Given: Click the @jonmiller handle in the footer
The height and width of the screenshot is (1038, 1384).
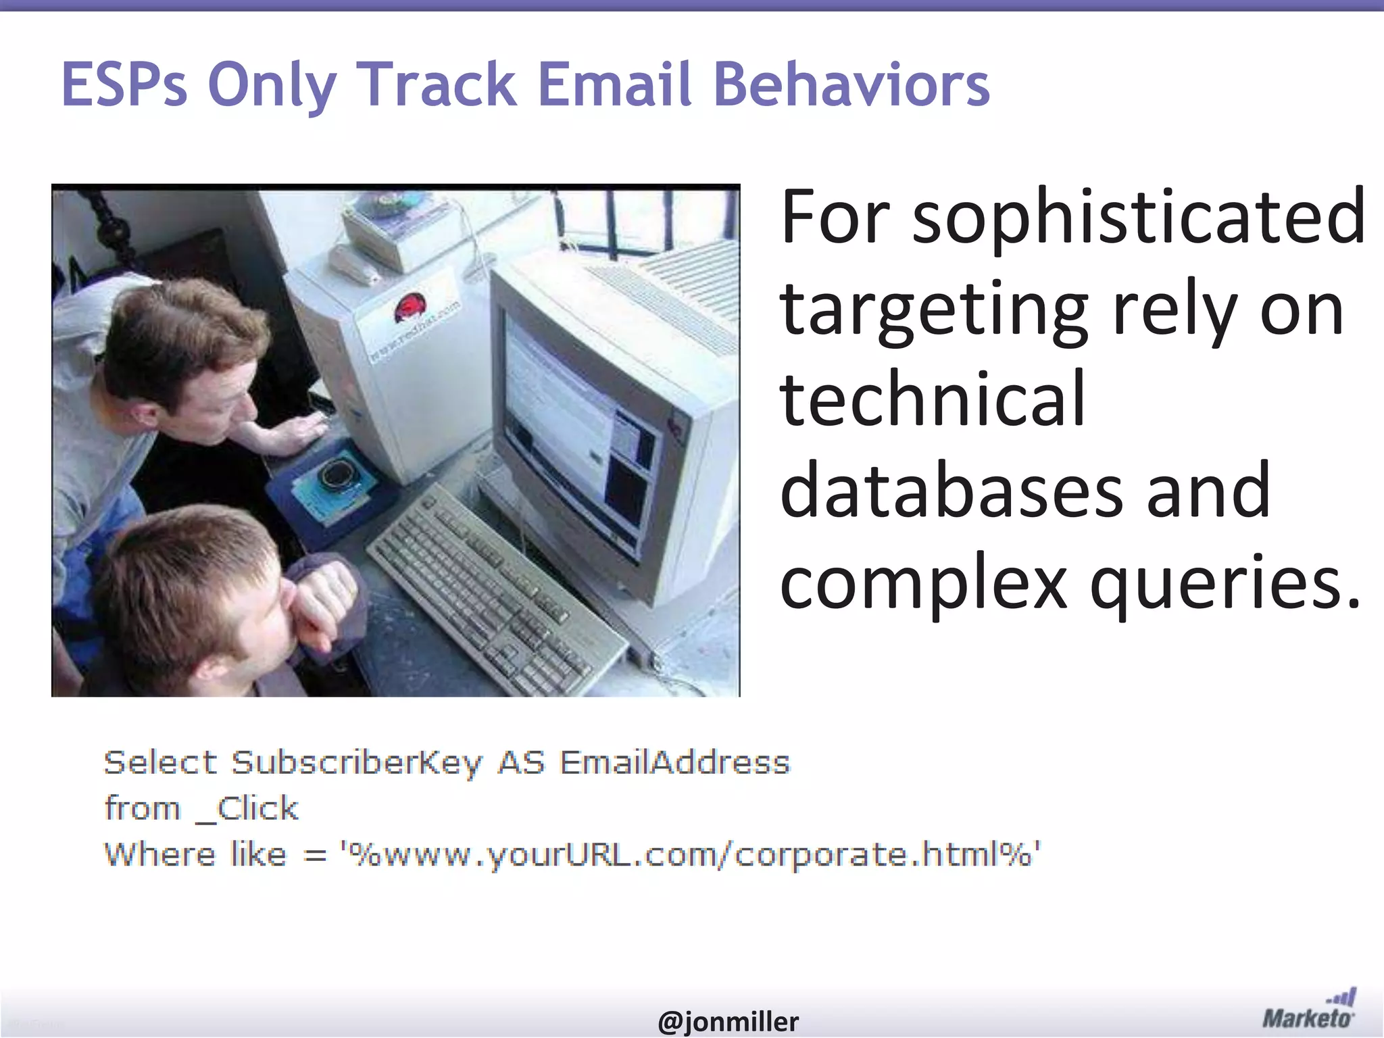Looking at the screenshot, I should coord(728,1021).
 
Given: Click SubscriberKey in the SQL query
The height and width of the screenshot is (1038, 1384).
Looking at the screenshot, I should coord(357,763).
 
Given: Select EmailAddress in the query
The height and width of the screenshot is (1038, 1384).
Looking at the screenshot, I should coord(674,763).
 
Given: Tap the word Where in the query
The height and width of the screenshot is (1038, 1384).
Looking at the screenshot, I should coord(159,854).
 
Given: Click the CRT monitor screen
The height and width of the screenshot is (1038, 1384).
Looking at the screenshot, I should coord(574,432).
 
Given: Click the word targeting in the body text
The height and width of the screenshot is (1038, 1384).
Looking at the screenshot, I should coord(933,309).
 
